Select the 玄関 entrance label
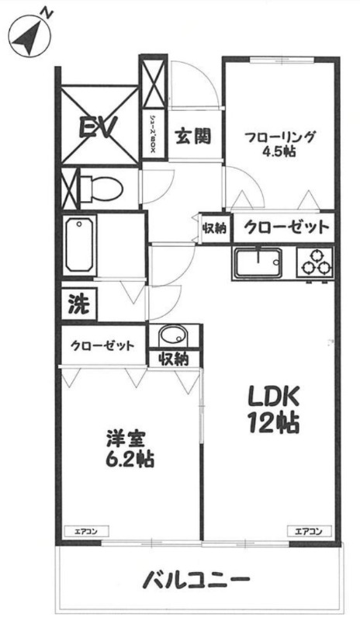(194, 137)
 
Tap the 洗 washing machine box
(79, 304)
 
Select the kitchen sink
(258, 263)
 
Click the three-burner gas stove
(314, 263)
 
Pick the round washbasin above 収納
(173, 337)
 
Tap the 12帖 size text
(273, 423)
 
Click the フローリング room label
(280, 137)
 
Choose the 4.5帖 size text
(279, 152)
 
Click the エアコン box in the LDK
(308, 532)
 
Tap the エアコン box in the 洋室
(86, 532)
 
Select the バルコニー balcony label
(196, 581)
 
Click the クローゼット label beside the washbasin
(103, 346)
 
